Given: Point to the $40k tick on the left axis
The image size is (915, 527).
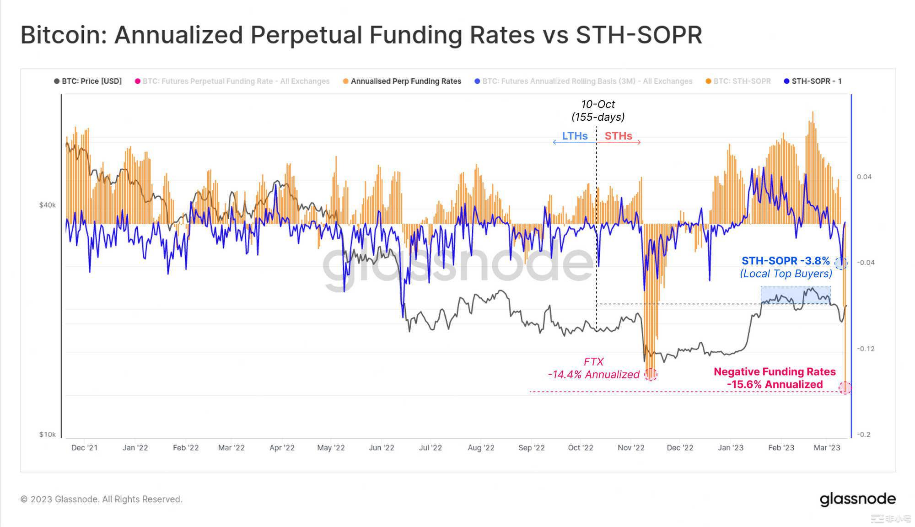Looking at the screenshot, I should point(47,205).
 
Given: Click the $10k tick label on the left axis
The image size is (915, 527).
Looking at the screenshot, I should point(47,434).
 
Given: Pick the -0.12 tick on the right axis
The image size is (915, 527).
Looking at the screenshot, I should point(865,349).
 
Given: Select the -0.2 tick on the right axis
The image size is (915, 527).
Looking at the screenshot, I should point(863,434).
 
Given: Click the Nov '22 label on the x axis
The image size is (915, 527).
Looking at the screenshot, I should point(631,447).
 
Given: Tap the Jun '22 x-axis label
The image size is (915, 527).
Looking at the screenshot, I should point(382,447).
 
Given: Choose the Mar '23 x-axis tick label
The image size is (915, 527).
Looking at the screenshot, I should point(827,447).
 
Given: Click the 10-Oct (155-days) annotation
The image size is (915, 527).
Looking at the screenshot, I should point(598,111).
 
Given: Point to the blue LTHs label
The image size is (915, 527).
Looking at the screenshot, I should point(575,136).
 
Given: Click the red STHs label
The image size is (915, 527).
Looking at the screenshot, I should point(618,136).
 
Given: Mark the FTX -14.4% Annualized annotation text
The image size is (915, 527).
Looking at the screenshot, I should point(593,368).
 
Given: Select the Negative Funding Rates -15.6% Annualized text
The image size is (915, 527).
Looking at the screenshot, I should point(775,378).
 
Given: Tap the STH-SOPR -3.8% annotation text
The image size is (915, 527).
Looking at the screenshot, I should point(786,261).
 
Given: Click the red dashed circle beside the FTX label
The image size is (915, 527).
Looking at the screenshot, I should point(651,375).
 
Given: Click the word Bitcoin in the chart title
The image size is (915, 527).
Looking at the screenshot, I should point(63,35).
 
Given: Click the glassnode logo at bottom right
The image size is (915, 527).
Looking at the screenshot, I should point(857,499).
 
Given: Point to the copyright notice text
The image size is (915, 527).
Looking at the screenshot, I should point(102,499).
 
